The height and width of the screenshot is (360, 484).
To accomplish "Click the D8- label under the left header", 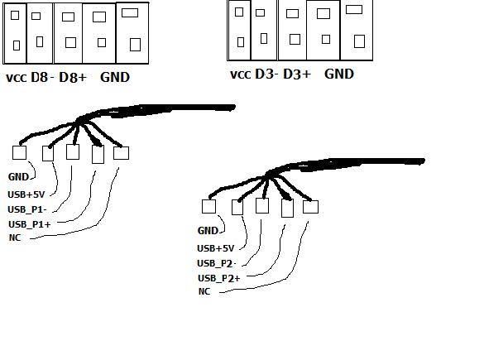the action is tap(42, 77).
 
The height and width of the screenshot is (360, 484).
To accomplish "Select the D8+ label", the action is tap(73, 77).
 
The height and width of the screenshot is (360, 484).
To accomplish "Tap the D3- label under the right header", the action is tap(266, 74).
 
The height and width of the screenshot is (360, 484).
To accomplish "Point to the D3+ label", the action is tap(297, 74).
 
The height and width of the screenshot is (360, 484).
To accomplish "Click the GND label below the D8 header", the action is tap(115, 77).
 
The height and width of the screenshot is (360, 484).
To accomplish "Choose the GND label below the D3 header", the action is tap(339, 74).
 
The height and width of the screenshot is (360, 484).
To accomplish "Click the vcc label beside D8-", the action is tap(17, 78).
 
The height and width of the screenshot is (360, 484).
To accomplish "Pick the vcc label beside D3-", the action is tap(241, 74).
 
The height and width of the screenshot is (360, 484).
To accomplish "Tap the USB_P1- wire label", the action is tap(27, 209).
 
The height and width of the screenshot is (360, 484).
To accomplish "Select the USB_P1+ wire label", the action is tap(29, 224).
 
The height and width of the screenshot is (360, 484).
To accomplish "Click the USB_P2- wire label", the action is tap(217, 263).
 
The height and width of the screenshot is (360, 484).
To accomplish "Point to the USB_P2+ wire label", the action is tap(219, 278).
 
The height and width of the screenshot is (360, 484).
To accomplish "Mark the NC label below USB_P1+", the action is tap(15, 238).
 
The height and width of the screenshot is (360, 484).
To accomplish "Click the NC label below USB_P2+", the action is tap(204, 291).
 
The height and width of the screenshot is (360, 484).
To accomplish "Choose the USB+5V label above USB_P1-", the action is tap(26, 194).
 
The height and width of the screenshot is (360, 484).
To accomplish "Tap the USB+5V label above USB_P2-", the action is tap(216, 248).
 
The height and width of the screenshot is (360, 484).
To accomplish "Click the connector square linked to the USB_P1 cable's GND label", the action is tap(19, 152).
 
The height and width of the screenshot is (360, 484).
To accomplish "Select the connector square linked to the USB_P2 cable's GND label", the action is tap(208, 206).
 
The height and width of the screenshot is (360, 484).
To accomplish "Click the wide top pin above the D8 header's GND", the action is tap(130, 12).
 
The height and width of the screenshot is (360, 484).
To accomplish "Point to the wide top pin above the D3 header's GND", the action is tap(354, 10).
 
